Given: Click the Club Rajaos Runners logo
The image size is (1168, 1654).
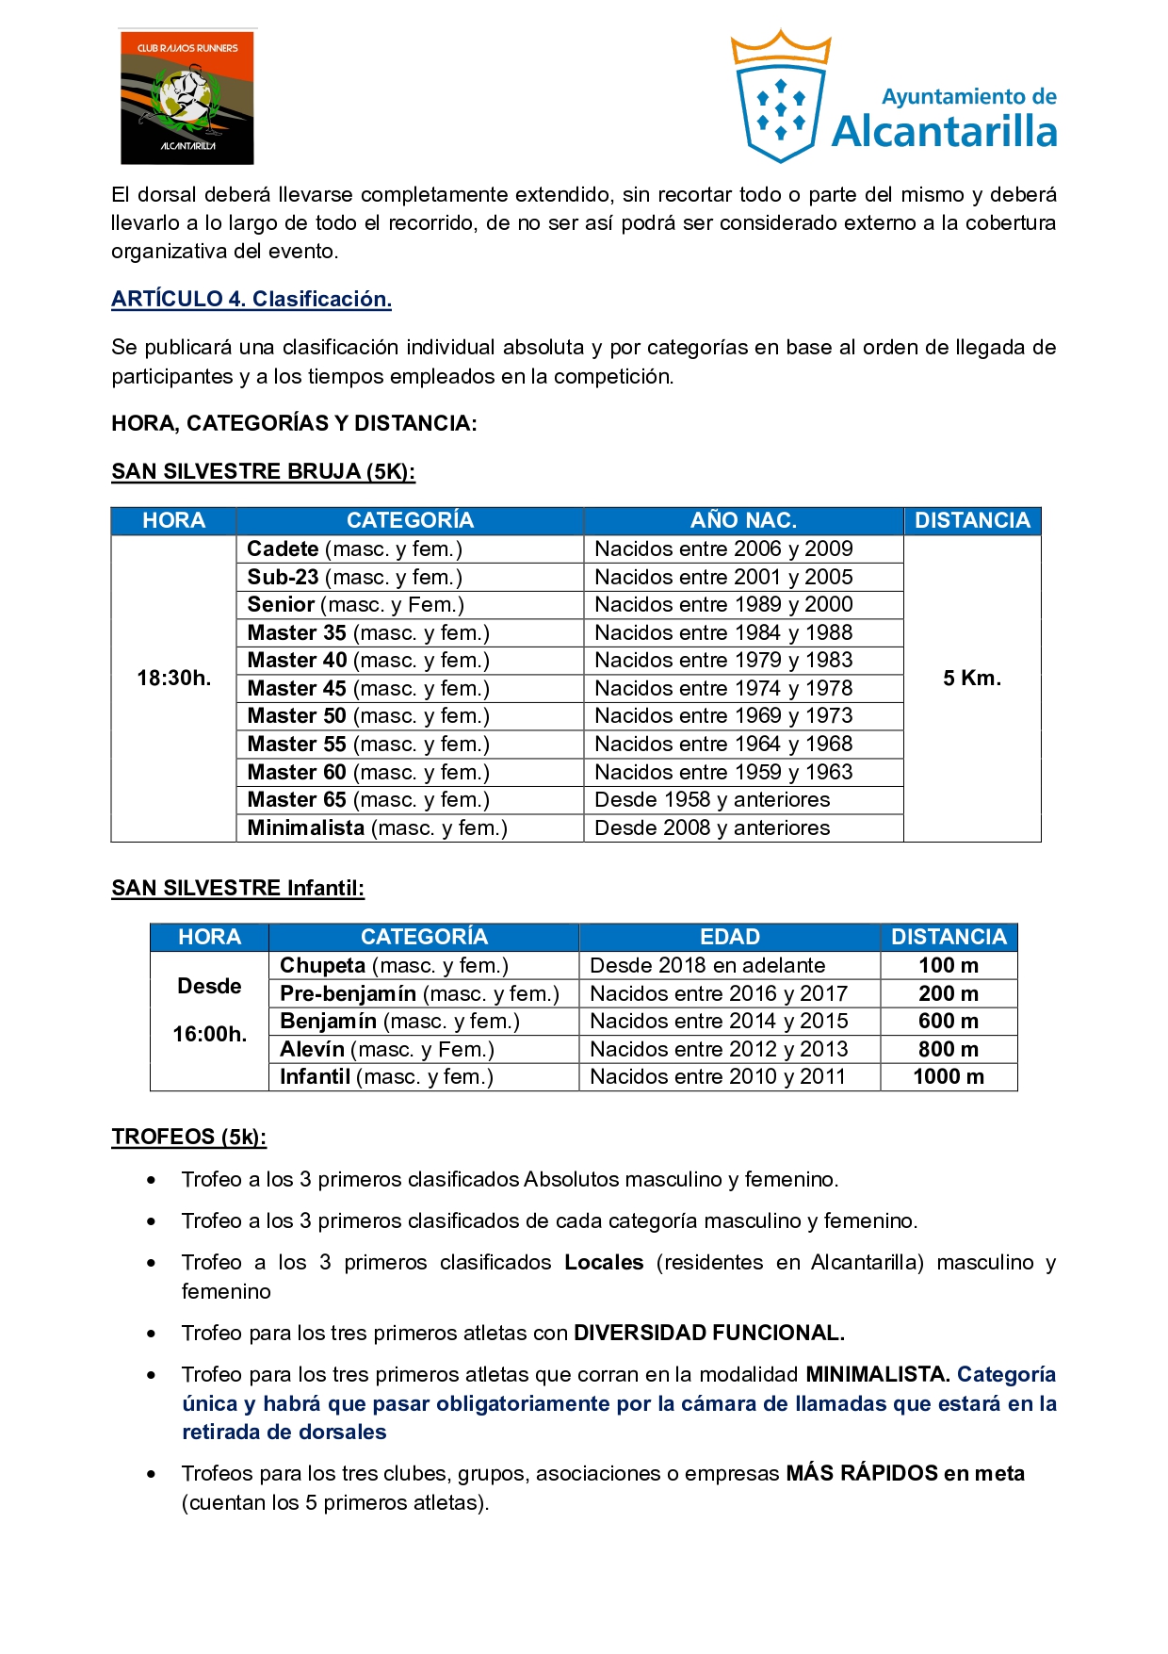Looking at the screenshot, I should click(x=187, y=97).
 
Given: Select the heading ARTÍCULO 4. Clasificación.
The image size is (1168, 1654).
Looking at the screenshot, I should click(x=251, y=300).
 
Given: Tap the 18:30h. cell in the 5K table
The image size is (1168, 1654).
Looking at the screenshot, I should click(x=173, y=679).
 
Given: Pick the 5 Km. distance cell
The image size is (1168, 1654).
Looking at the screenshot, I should click(x=972, y=679).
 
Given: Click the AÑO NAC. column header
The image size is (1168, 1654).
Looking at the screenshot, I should click(x=743, y=521).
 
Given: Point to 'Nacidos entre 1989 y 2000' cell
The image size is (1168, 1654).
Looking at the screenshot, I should click(x=723, y=605).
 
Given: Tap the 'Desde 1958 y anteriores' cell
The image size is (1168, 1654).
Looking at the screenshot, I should click(x=712, y=800).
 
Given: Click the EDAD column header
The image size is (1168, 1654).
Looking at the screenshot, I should click(x=729, y=938).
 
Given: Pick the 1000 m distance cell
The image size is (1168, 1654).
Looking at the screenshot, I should click(x=949, y=1077).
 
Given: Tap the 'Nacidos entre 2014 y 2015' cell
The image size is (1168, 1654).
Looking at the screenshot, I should click(x=719, y=1022).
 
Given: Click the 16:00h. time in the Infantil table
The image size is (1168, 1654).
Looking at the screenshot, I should click(x=209, y=1035).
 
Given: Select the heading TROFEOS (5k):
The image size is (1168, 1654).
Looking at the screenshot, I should click(x=188, y=1138).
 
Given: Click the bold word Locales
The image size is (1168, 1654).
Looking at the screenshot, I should click(x=604, y=1263).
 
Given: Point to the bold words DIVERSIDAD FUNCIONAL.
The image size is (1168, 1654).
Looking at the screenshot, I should click(x=709, y=1334).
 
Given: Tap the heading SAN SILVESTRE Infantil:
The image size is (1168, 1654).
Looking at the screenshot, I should click(x=237, y=889).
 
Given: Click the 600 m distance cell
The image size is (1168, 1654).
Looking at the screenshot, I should click(x=949, y=1022).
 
